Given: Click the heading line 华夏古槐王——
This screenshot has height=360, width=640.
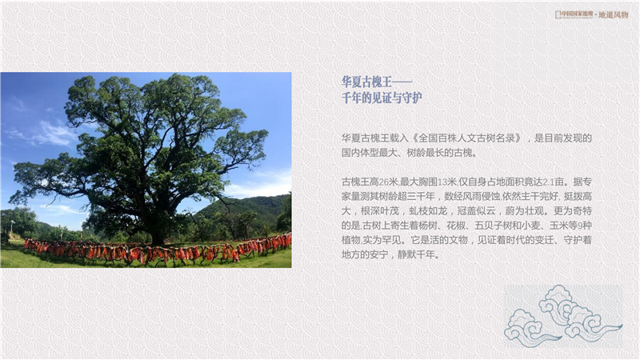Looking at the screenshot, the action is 377,82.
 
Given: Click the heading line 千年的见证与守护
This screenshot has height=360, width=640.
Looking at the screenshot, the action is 382,98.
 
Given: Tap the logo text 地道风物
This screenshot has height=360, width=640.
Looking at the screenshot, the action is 614,14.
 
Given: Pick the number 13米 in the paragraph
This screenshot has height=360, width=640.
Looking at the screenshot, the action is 446,182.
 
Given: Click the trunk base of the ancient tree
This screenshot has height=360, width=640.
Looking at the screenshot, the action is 157,237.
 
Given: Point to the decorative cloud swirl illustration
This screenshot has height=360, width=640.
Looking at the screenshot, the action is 563,317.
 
